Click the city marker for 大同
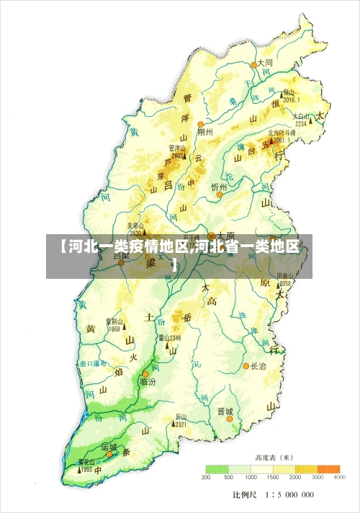click(x=253, y=64)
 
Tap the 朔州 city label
click(x=204, y=133)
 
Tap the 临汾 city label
click(x=148, y=382)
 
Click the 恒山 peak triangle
click(x=283, y=94)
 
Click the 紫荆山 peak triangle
click(x=113, y=329)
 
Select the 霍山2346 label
click(x=169, y=337)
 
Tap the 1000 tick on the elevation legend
click(x=251, y=478)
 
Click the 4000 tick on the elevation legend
click(x=340, y=478)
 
